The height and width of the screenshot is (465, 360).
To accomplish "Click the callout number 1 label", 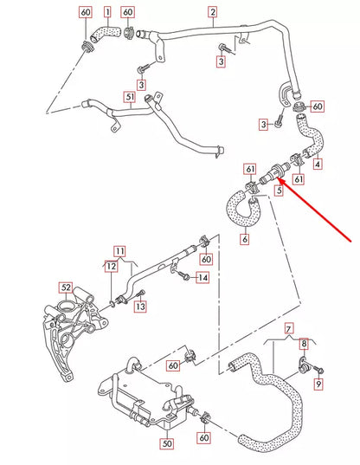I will tap(107, 12).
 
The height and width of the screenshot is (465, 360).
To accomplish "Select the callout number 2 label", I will tap(213, 12).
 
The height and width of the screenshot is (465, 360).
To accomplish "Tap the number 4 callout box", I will tap(318, 163).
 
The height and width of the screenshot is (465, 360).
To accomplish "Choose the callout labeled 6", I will tap(245, 238).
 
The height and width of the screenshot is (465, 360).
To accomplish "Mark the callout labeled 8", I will tap(304, 344).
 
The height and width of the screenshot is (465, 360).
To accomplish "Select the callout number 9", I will tap(318, 382).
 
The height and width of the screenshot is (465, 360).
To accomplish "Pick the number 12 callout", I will tap(110, 268).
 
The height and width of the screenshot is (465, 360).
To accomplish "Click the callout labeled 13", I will tap(140, 307).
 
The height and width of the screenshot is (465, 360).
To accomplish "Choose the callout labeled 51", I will tap(130, 97).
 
